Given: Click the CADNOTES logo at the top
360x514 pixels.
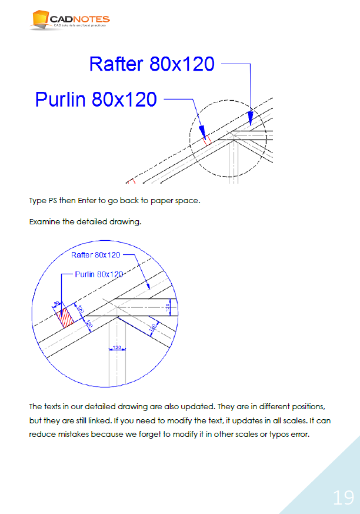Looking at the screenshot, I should point(69,20).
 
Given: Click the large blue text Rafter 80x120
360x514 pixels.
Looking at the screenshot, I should point(151,64).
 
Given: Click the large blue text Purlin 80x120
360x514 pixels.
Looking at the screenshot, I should point(96,99).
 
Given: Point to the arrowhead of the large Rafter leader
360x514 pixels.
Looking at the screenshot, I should point(251,121).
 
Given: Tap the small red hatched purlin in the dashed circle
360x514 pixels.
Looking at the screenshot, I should point(206,140).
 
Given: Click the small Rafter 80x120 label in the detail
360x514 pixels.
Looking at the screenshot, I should point(95,255).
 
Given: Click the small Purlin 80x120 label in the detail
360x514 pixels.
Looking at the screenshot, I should point(99,274).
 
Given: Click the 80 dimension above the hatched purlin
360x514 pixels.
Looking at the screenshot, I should point(57,304).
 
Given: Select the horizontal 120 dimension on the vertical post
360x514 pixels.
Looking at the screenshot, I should point(116,348).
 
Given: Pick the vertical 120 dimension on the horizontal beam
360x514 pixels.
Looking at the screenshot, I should point(168,307).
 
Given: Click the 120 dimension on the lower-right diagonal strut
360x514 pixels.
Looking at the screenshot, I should point(152,327).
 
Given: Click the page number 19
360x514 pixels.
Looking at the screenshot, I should point(344,498).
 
